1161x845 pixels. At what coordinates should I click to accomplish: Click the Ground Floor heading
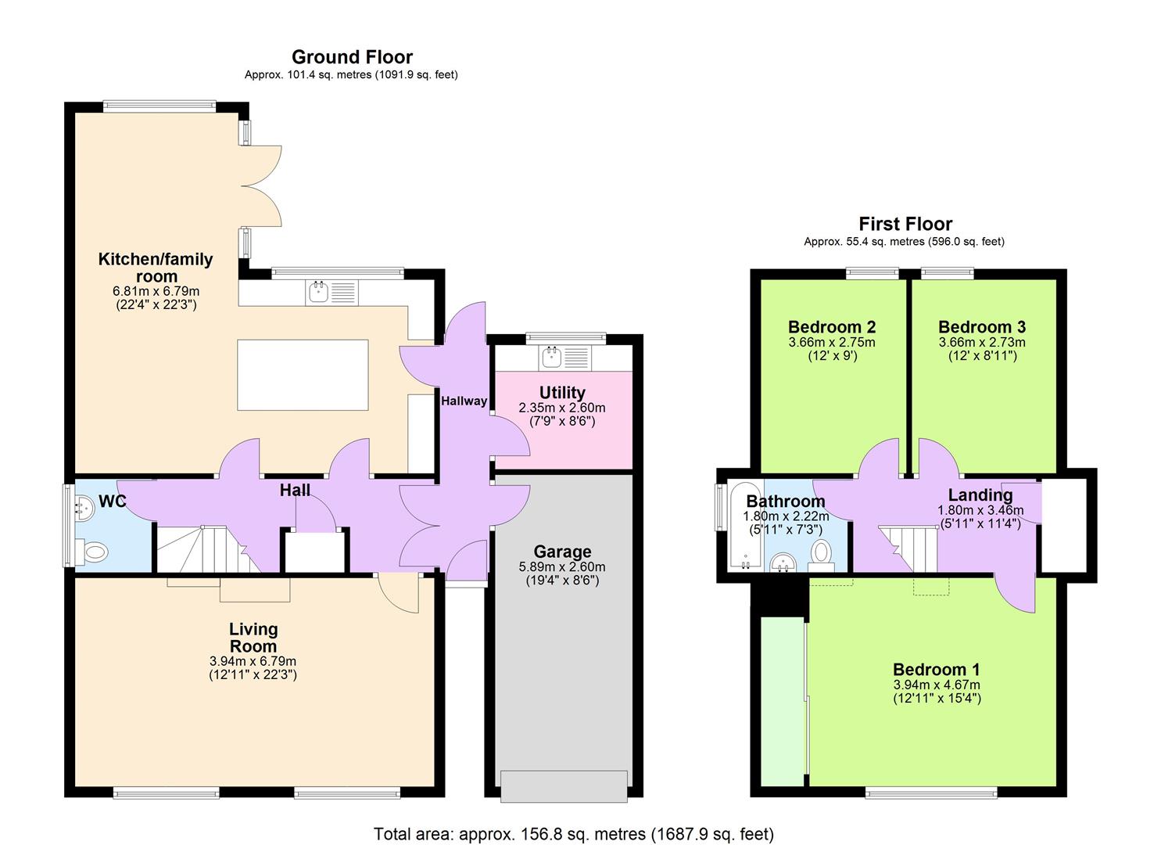352,57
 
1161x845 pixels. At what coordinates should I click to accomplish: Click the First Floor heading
905,225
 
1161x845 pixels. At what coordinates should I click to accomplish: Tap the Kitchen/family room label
155,267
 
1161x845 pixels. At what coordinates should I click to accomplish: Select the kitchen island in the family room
303,375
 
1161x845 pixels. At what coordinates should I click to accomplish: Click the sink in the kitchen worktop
318,293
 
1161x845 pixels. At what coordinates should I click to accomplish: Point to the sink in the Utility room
551,358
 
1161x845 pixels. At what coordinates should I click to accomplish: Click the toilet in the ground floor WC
95,552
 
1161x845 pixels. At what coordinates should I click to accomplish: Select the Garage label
562,552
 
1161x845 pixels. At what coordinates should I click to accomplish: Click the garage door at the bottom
564,786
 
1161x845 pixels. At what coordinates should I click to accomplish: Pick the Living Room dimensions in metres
253,661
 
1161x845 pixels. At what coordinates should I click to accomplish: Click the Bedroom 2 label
832,327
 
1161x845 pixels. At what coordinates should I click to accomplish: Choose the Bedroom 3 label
982,327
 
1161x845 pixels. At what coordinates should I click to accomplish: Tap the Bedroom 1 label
936,670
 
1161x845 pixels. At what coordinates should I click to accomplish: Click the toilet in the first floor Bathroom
821,552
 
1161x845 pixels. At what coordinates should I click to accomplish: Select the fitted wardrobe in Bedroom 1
782,700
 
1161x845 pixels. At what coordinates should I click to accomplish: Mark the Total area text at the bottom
573,834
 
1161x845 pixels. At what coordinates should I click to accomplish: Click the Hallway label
464,401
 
